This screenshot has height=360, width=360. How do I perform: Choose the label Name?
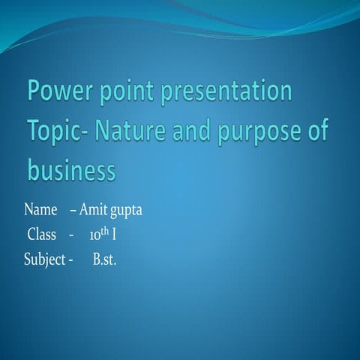point(41,210)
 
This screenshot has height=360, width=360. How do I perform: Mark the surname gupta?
point(126,211)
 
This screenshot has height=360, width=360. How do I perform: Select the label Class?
point(42,235)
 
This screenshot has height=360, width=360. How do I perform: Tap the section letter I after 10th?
point(114,235)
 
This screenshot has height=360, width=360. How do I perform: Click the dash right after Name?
point(73,211)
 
